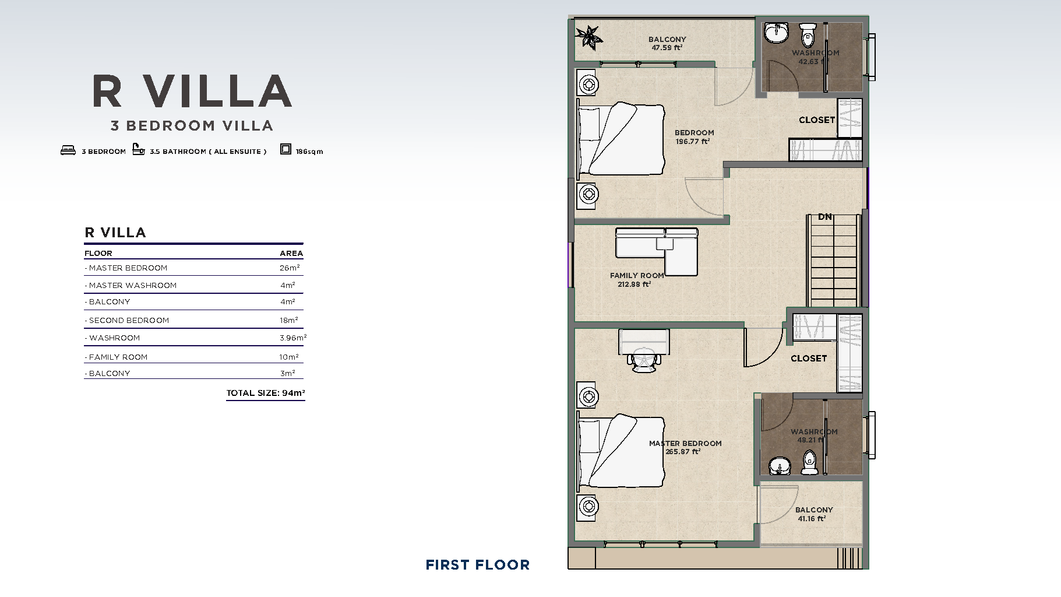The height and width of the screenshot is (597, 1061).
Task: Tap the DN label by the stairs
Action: (825, 217)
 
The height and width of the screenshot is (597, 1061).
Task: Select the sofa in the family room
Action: (657, 251)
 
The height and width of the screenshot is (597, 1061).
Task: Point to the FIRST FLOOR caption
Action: (478, 564)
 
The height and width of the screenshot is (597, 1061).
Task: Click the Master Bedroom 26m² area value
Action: (290, 268)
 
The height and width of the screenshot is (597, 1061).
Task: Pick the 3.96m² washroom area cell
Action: (293, 338)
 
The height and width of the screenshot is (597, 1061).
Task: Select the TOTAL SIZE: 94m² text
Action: (266, 393)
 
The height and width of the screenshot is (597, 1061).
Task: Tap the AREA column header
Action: (291, 253)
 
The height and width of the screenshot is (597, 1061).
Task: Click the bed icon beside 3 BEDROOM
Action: (68, 150)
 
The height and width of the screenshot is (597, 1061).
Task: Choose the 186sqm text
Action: (309, 152)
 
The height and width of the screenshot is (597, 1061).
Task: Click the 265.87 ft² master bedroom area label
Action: (683, 452)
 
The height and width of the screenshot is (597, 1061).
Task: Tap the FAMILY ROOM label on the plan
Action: (637, 275)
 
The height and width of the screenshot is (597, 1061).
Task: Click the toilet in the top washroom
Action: (808, 34)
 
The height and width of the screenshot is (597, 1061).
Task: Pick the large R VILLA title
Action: (192, 92)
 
